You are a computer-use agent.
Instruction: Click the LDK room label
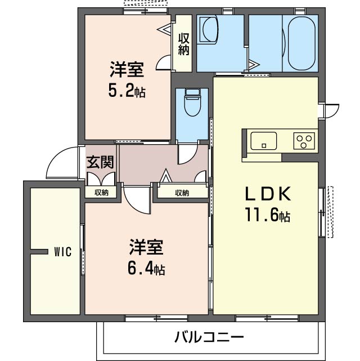pos(267,194)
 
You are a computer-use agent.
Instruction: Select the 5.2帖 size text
pos(127,91)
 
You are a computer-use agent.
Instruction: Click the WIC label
pos(62,252)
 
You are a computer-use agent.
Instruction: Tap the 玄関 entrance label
pos(100,162)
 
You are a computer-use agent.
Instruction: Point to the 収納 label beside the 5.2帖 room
pos(183,44)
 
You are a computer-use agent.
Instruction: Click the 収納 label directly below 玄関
pos(101,193)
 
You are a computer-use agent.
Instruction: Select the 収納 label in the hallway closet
pos(182,193)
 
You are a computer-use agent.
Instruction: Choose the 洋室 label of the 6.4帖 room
pos(146,247)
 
